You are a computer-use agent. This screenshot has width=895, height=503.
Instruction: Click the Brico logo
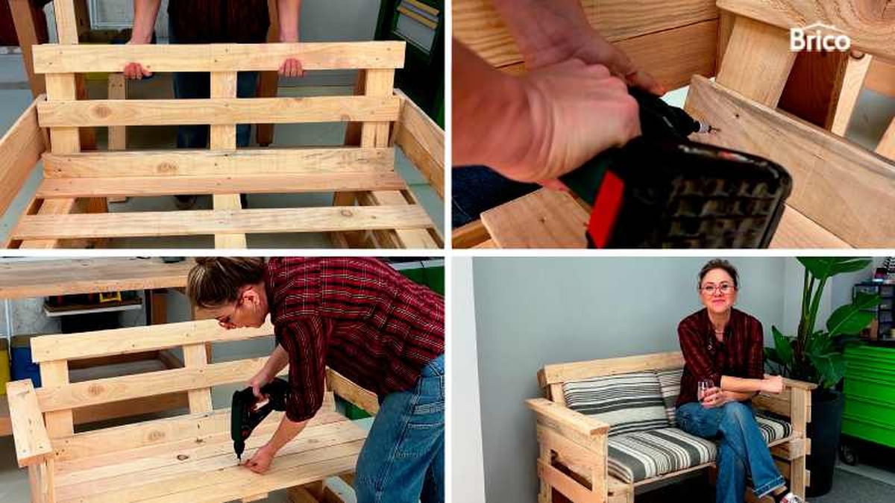click(x=820, y=38)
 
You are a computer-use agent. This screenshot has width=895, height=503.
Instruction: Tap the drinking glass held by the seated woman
click(x=706, y=390)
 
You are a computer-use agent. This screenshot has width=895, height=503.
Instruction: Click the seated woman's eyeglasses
click(x=718, y=288)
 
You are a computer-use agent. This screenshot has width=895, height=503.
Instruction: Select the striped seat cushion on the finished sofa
click(x=679, y=448)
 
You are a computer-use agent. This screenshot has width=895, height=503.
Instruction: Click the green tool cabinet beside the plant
click(x=870, y=396)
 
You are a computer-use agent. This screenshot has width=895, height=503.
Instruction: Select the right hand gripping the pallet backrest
click(x=291, y=68)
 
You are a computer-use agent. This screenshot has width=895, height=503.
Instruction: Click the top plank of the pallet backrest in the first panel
click(x=219, y=57)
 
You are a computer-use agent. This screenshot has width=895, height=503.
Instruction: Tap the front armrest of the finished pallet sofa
click(x=568, y=416)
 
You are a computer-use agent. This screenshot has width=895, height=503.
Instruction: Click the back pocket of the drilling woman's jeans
click(x=429, y=404)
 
